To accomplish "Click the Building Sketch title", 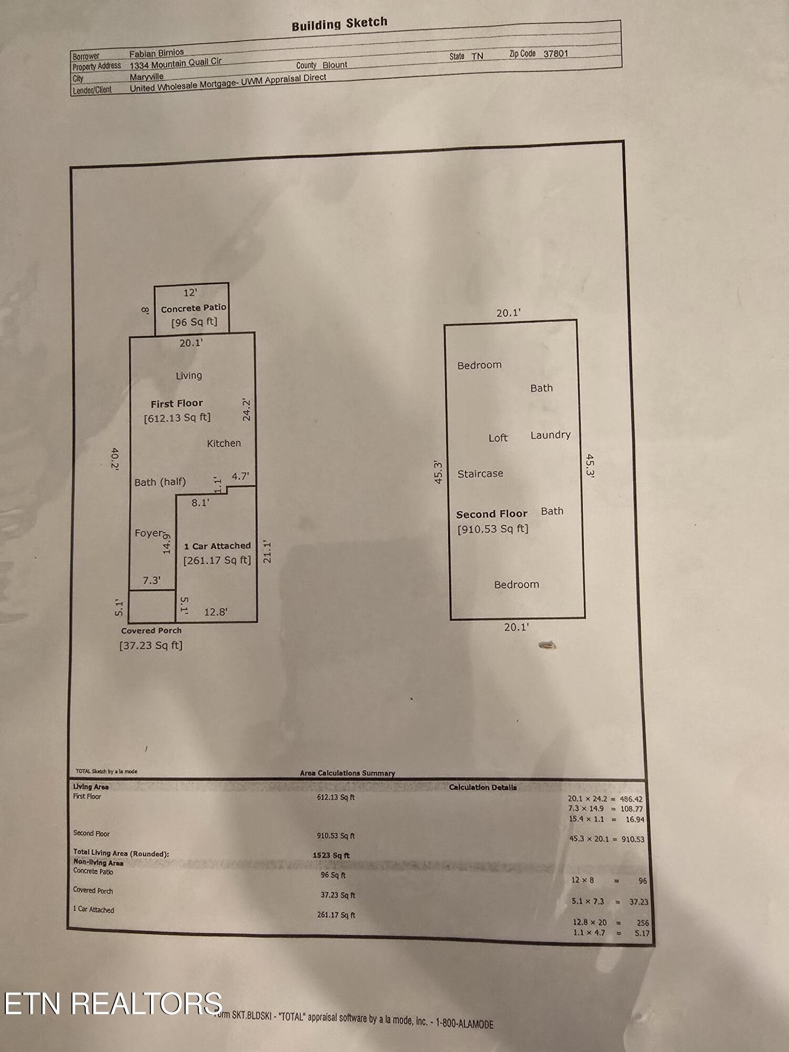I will coord(339,24).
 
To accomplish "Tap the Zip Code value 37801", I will coord(555,54).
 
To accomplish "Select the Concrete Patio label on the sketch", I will coord(194,308).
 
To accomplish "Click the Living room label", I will coord(189,376).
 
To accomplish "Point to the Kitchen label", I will coord(224,443).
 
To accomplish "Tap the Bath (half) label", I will coord(160,482).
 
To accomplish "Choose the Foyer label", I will coord(149,533).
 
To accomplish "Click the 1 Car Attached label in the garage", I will coord(217,546).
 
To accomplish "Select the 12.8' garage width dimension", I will coord(216,612).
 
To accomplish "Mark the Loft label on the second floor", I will coord(498,438).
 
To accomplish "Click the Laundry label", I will coord(550,435).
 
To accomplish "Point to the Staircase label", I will coord(480,474).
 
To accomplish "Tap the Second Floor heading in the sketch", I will coord(491,514).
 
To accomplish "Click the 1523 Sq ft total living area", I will coord(331,855).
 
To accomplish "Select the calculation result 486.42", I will coord(631,799).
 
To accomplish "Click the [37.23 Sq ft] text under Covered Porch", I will coord(151,645).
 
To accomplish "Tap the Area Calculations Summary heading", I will coord(347,773).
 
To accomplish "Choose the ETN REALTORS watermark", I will coord(113,1003).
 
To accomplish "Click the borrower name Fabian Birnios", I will coord(157,53).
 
